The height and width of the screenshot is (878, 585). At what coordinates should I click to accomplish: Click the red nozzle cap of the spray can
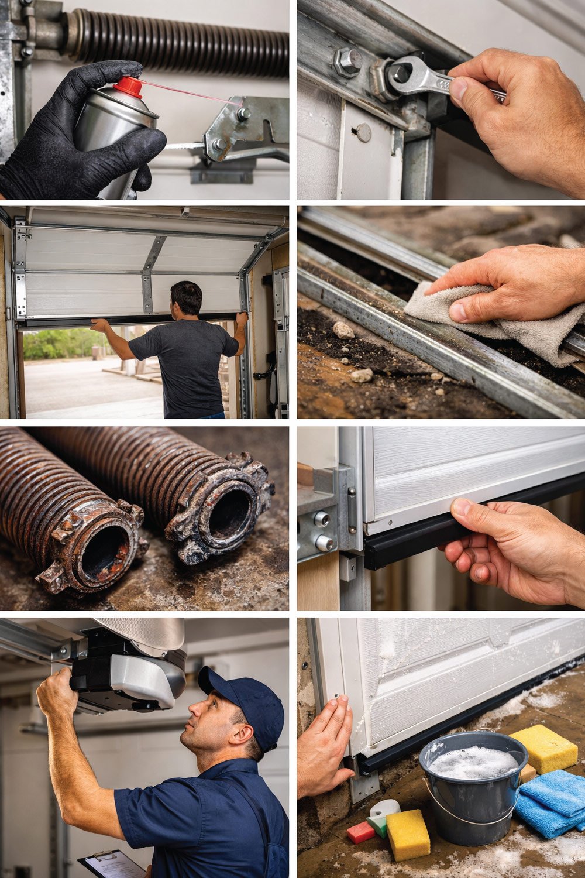[128, 87]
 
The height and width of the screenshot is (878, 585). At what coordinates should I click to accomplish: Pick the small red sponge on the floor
[360, 832]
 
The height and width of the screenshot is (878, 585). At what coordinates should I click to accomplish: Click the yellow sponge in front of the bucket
[407, 835]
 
